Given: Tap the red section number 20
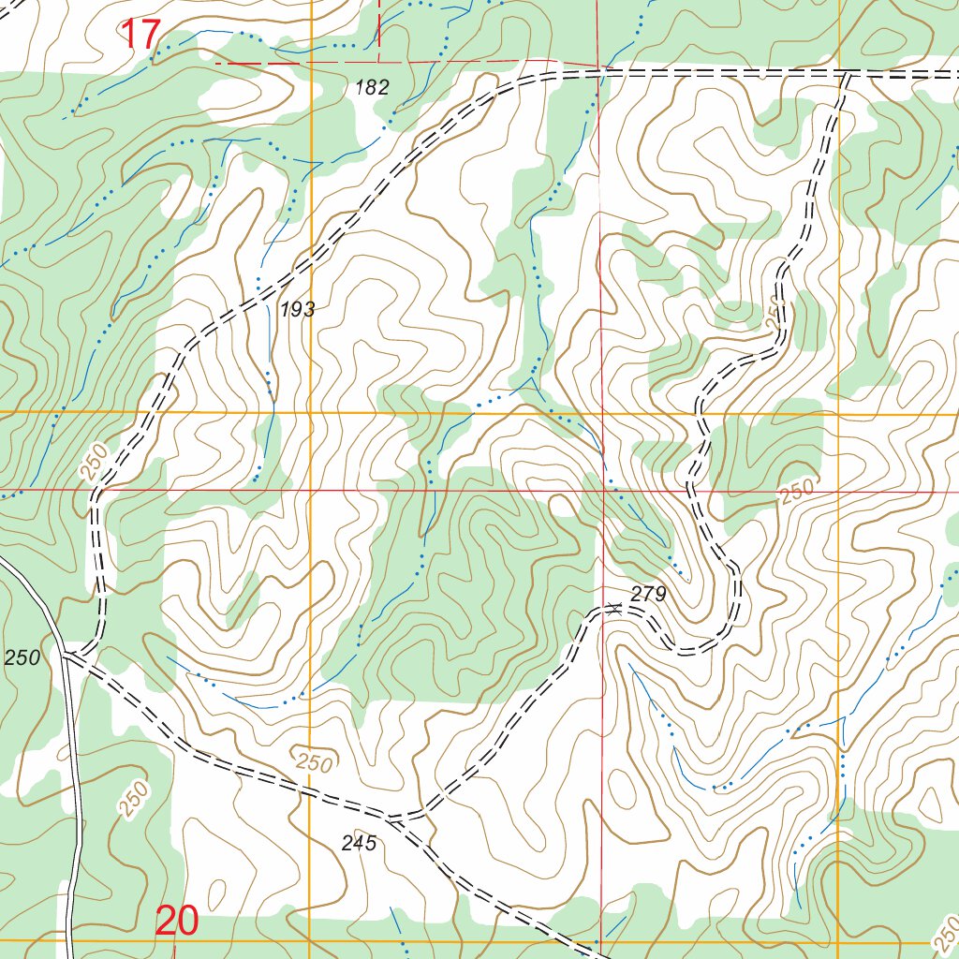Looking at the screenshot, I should point(177,922).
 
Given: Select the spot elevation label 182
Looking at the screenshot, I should point(372,88).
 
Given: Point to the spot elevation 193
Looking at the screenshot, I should point(298,310).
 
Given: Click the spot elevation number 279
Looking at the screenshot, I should point(647,594).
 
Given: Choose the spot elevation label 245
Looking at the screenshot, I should point(359,844).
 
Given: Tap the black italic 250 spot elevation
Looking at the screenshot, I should point(22,658).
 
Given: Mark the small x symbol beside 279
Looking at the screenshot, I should point(614,608).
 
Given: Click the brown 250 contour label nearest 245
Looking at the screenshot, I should point(312,761).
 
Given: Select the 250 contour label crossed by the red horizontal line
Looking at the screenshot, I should point(796,491).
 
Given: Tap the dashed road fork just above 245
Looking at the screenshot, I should point(393,819).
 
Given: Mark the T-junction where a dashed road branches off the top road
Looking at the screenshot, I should point(846,72).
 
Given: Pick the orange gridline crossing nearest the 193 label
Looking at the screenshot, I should point(310,412).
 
